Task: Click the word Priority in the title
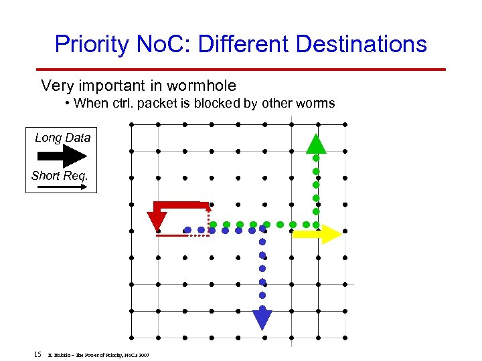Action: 92,45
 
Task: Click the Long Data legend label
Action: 62,138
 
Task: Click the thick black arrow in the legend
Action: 62,156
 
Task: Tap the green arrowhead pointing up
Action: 317,144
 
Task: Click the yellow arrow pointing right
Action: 317,234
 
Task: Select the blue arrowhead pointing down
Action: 262,318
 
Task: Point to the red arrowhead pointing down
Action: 158,219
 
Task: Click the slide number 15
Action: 37,353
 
